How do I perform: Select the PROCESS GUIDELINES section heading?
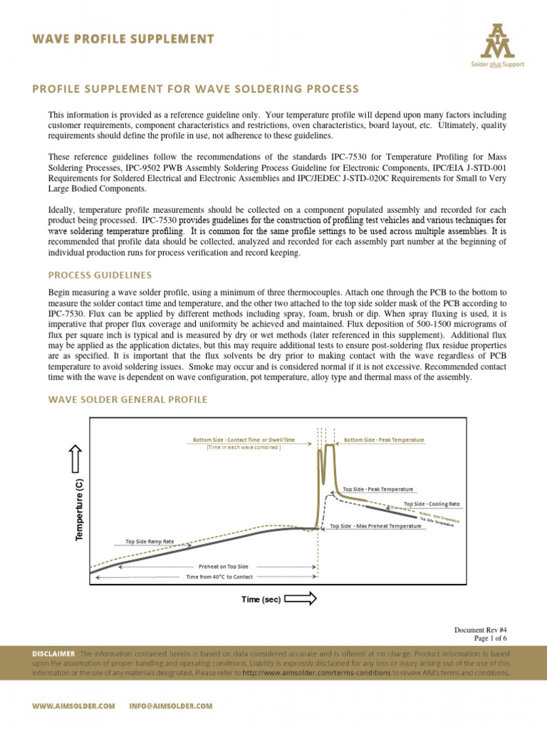(99, 276)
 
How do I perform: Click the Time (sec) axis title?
(261, 599)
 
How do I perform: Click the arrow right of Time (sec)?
(300, 599)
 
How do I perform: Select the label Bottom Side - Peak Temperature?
(384, 440)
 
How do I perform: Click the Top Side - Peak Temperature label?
(377, 489)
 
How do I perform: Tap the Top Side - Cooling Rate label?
(432, 504)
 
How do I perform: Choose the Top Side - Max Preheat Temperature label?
(376, 526)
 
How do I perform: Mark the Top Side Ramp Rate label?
(150, 541)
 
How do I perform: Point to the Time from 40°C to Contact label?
(219, 577)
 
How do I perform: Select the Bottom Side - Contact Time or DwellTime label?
(243, 440)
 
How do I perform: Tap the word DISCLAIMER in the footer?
(53, 653)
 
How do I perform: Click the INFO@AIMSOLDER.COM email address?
(171, 706)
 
